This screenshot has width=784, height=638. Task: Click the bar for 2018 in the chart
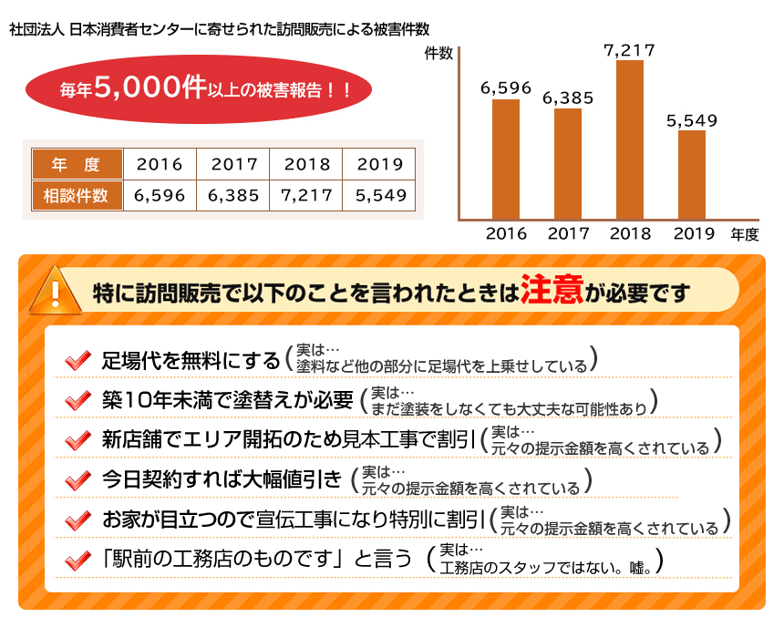(630, 139)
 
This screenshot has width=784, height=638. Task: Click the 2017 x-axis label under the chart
(568, 234)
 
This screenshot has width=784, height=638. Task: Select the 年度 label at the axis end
(744, 234)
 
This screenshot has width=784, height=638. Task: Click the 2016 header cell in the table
(160, 164)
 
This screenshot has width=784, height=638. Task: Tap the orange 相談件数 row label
(77, 195)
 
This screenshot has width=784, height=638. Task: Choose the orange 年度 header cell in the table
(77, 164)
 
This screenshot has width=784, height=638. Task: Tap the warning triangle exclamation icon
(54, 289)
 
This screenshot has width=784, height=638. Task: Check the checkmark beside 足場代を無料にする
(77, 360)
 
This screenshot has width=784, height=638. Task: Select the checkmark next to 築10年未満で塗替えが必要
(77, 400)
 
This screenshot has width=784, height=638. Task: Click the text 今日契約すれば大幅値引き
(222, 479)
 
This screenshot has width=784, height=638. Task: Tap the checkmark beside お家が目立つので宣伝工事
(77, 520)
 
